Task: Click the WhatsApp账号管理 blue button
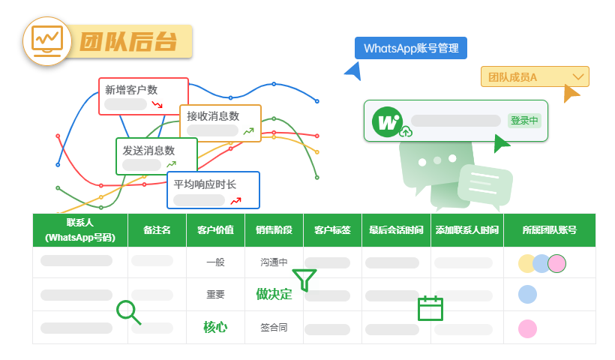(x=411, y=48)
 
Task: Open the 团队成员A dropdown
(x=535, y=76)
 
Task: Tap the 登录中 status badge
(x=524, y=121)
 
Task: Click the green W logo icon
(x=388, y=121)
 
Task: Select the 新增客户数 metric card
(x=142, y=96)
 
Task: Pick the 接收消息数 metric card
(x=220, y=123)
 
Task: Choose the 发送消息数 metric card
(x=156, y=156)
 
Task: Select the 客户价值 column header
(x=215, y=230)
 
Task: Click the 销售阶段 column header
(x=274, y=230)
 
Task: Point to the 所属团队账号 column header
(x=549, y=230)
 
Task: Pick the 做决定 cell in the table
(x=274, y=294)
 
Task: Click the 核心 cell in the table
(x=215, y=327)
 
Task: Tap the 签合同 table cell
(x=274, y=327)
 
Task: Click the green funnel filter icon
(x=304, y=280)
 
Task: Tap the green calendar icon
(x=430, y=307)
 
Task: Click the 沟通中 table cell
(x=274, y=262)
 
